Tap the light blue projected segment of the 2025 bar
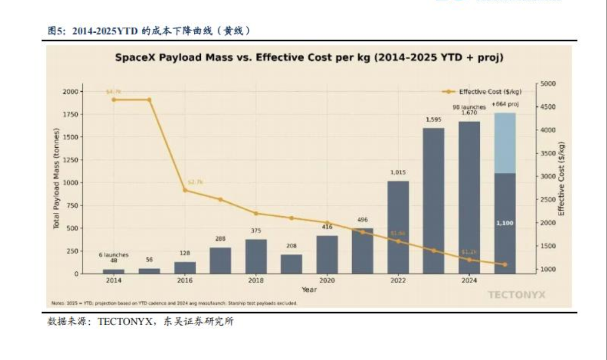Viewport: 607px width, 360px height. (505, 143)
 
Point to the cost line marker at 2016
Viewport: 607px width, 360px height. (185, 190)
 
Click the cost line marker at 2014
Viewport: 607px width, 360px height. (114, 100)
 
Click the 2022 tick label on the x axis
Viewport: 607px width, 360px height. (398, 280)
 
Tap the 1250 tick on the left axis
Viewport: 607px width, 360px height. (70, 160)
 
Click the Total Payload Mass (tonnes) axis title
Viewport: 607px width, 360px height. (57, 179)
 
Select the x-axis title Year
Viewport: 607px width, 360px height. (309, 290)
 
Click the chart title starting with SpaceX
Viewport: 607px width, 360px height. (309, 57)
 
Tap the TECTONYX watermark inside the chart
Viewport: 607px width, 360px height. (516, 294)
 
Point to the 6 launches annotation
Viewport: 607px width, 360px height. (114, 255)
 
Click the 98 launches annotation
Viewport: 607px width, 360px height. (469, 107)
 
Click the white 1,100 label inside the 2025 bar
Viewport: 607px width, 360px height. (505, 222)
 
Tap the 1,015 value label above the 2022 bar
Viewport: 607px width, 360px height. (398, 172)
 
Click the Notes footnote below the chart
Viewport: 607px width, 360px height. (175, 304)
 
